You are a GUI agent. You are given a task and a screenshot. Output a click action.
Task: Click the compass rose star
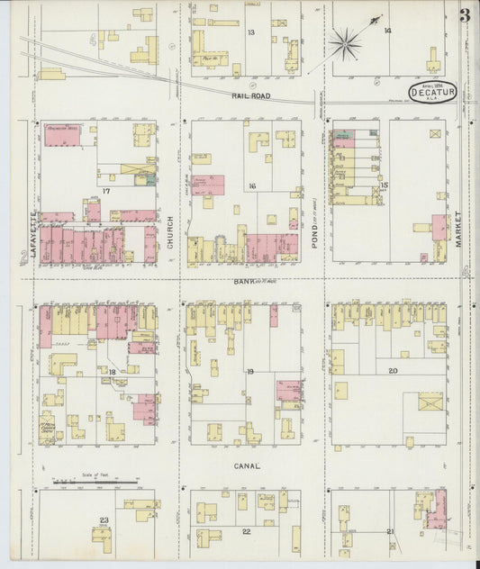click(345, 41)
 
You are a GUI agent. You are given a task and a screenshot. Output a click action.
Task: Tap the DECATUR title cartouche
click(432, 91)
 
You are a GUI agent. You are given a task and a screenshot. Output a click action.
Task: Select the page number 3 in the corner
click(464, 16)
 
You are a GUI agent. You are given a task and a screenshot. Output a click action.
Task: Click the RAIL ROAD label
click(249, 95)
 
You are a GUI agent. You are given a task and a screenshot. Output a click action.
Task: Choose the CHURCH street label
click(169, 231)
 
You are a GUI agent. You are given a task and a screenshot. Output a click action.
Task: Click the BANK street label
click(246, 282)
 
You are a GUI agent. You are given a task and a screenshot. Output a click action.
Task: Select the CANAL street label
click(247, 466)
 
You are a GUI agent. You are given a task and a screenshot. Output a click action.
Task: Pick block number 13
click(251, 32)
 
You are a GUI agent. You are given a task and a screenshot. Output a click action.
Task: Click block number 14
click(387, 31)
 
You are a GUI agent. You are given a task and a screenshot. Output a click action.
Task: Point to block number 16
click(253, 186)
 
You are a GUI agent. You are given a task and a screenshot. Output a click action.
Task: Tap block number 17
click(105, 192)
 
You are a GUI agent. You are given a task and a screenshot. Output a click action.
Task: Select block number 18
click(113, 371)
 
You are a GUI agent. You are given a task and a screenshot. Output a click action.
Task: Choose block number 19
click(250, 371)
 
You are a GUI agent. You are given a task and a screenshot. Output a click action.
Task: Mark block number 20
click(393, 371)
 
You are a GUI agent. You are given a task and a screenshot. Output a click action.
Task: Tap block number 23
click(104, 520)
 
